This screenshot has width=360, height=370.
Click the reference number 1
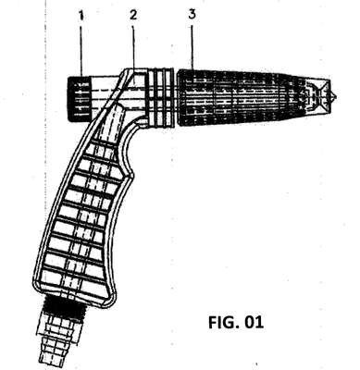pos(81,16)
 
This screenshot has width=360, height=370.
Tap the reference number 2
pos(133,15)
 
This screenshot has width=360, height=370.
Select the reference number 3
pos(192,15)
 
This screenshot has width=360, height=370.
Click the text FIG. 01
pos(236,322)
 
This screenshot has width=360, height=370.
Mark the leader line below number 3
pos(192,46)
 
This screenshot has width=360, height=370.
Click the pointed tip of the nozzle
pos(336,97)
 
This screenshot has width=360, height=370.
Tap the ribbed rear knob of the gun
pos(79,99)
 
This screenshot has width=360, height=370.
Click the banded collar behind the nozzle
pos(159,97)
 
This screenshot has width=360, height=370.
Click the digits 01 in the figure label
pos(254,322)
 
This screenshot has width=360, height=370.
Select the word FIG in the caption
pos(223,322)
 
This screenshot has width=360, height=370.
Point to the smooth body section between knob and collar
pos(104,92)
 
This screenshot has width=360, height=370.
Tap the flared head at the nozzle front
pos(317,97)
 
